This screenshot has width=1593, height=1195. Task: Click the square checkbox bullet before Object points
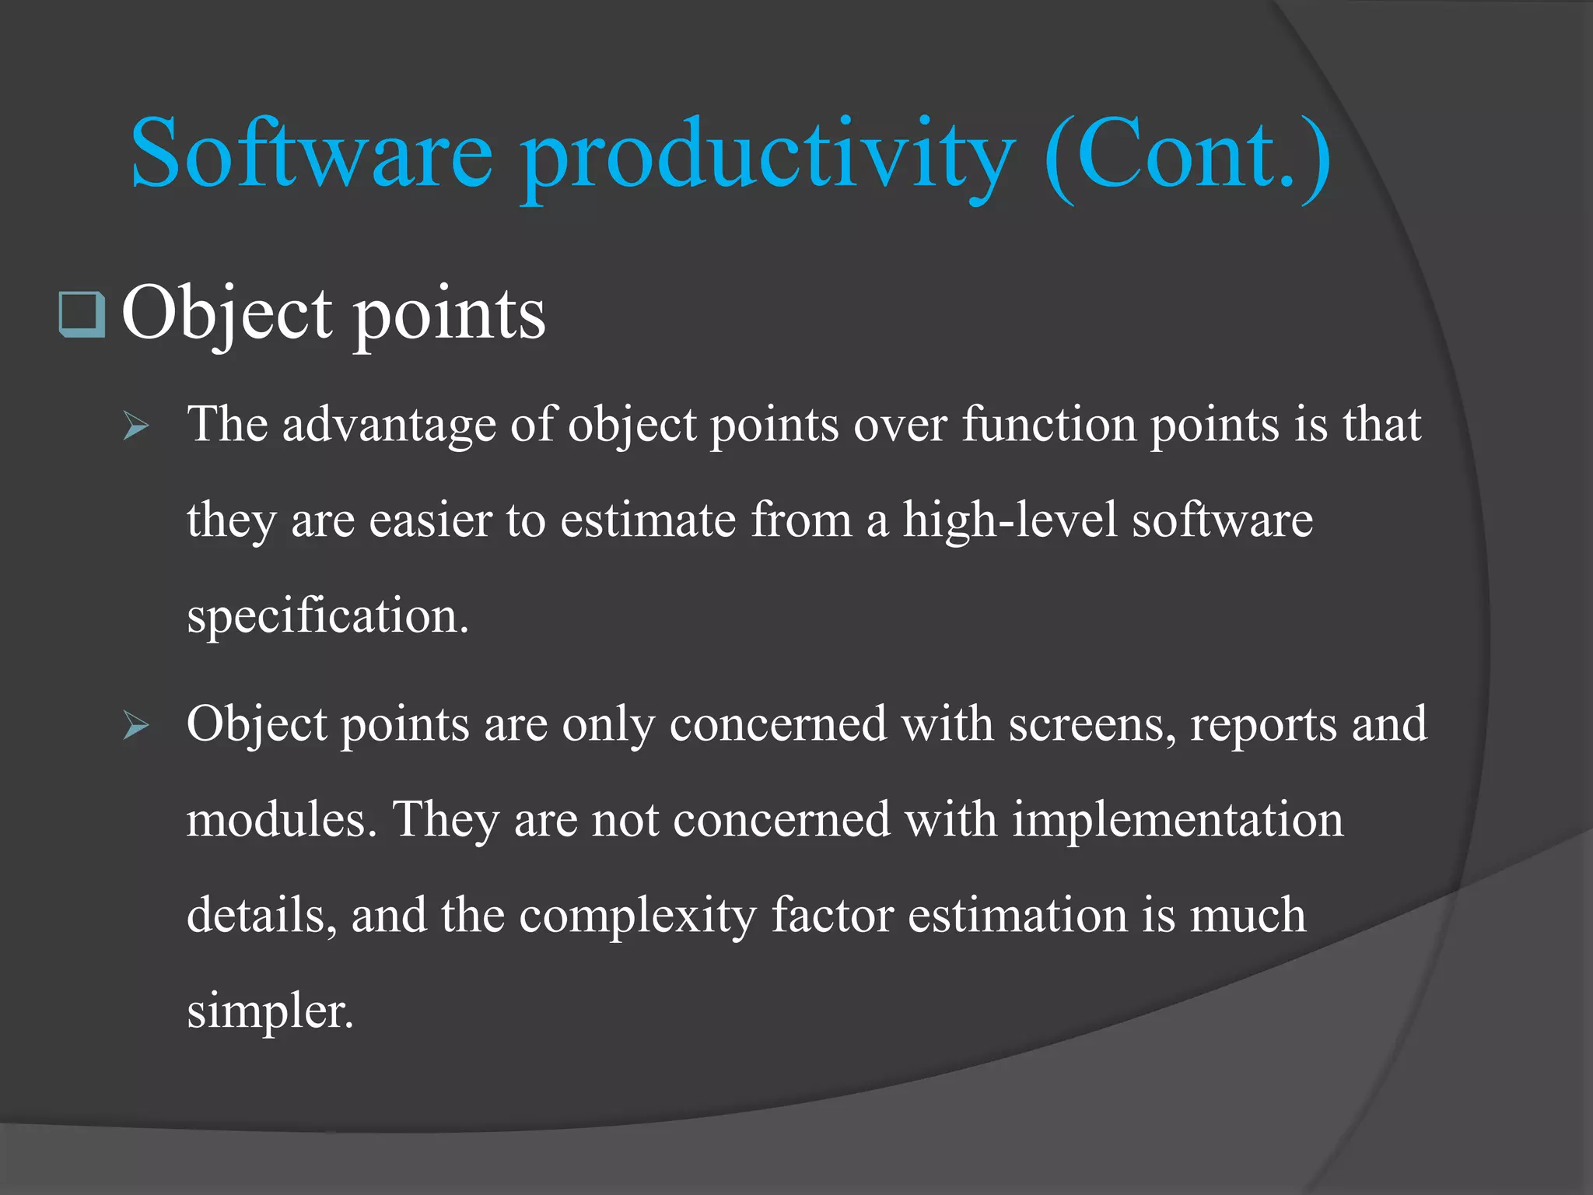tap(82, 314)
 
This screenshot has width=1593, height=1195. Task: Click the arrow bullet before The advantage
tap(136, 426)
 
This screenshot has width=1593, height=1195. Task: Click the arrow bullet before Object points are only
tap(136, 726)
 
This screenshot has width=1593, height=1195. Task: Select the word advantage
tap(389, 426)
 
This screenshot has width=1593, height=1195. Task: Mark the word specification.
tap(327, 616)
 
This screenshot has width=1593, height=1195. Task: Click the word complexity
tap(638, 916)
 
